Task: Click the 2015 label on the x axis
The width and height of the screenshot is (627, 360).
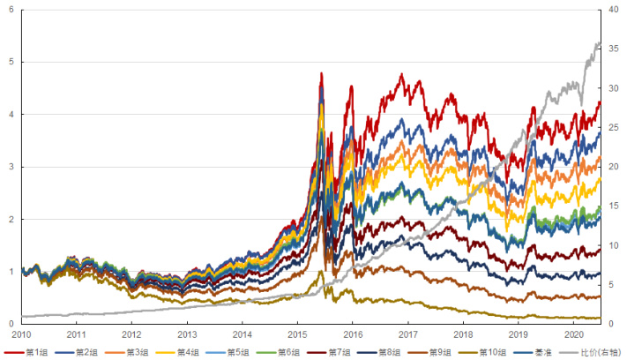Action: pos(297,335)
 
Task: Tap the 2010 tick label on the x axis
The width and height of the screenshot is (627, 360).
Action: pos(21,335)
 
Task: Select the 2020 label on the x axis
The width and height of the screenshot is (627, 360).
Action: pos(574,335)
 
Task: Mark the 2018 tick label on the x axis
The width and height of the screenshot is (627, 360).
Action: pos(463,335)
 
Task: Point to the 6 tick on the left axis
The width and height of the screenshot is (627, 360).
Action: pos(11,10)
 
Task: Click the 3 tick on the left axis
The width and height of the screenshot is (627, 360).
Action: pos(11,167)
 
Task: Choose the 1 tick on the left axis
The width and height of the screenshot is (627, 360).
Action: pos(11,272)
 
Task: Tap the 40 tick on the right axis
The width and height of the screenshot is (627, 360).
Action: pos(615,10)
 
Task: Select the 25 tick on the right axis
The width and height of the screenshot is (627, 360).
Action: pos(615,127)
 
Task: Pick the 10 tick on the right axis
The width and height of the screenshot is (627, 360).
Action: pos(615,245)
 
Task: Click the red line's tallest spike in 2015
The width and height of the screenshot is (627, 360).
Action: pos(321,73)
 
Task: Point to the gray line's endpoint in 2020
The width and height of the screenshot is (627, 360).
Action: pos(601,43)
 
